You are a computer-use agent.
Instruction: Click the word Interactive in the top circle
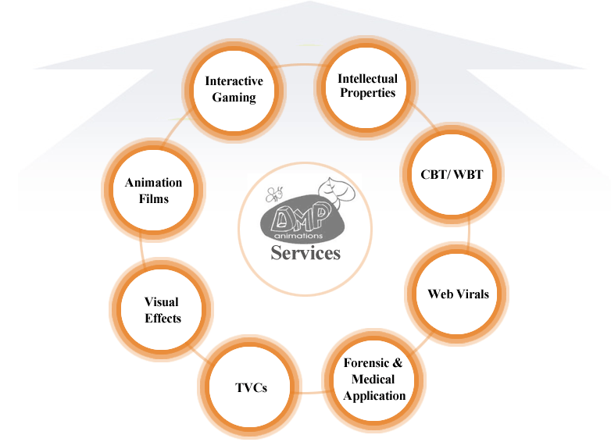click(234, 81)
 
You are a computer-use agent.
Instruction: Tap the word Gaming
click(234, 97)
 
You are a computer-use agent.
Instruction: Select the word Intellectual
click(367, 78)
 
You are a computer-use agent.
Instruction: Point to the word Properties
click(367, 93)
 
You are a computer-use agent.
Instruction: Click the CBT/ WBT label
click(447, 173)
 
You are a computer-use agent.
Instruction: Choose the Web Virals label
click(459, 294)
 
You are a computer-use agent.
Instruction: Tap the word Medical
click(373, 379)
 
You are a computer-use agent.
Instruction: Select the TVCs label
click(252, 387)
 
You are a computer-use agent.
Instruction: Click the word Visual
click(162, 302)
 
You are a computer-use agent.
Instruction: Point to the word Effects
click(163, 318)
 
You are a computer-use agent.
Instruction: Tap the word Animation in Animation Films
click(153, 183)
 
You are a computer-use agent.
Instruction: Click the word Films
click(153, 198)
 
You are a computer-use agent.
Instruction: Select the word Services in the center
click(305, 252)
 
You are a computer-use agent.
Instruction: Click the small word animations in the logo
click(298, 234)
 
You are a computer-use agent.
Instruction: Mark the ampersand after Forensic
click(396, 363)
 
